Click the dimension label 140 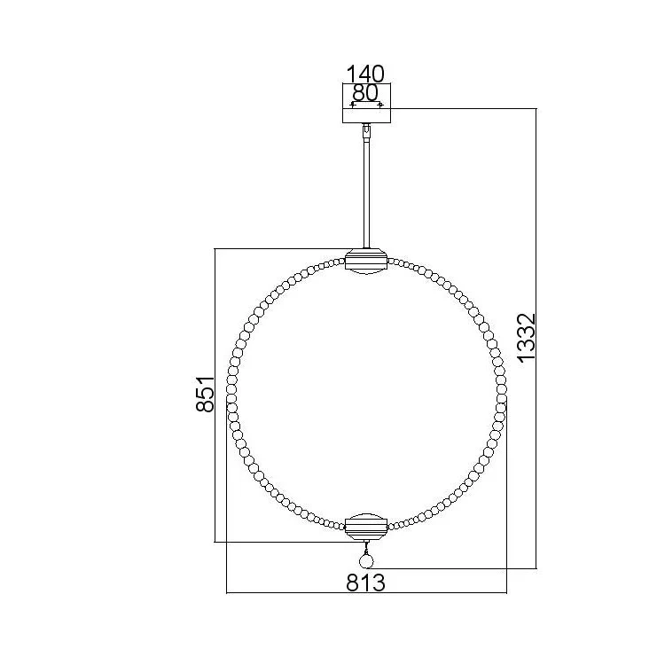click(x=364, y=74)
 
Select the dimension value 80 click(x=365, y=92)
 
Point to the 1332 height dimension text click(x=527, y=337)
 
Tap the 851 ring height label click(x=206, y=395)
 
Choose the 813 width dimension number click(x=365, y=582)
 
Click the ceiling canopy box click(x=367, y=104)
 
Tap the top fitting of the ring click(x=366, y=262)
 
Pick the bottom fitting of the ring click(x=366, y=527)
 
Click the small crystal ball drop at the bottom click(x=366, y=560)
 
